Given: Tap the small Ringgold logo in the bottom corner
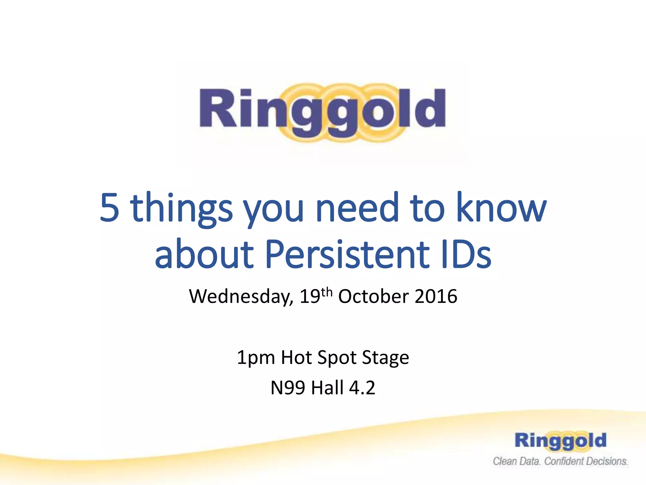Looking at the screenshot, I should [x=561, y=440].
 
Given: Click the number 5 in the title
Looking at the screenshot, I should [x=109, y=208].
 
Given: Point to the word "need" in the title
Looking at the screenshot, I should [x=357, y=208].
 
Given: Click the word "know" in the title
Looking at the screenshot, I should [x=501, y=208].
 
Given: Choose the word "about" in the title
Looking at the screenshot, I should [x=204, y=254].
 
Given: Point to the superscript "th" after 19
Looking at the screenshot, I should [x=327, y=292].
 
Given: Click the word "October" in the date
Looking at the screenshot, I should [x=373, y=297].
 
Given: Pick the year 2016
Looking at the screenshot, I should [x=436, y=297].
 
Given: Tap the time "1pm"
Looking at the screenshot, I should [x=255, y=358].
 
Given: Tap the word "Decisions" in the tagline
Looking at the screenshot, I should [x=607, y=462].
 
